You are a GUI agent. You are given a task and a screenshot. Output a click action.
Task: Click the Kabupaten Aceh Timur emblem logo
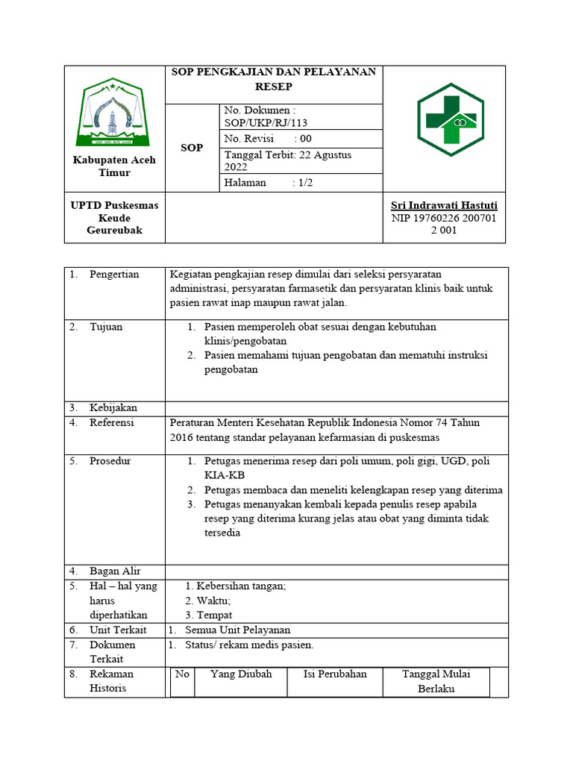114,114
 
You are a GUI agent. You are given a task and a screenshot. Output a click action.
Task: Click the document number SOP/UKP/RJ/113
266,123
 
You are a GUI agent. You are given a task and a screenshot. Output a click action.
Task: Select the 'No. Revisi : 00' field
268,139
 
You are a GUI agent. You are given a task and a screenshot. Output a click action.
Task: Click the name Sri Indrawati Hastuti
444,205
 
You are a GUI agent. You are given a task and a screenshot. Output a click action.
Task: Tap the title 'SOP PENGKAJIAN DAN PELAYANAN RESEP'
274,78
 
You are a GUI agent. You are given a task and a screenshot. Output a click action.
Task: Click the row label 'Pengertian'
114,275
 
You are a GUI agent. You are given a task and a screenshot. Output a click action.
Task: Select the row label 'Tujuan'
106,327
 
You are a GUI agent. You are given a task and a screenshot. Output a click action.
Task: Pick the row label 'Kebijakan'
113,408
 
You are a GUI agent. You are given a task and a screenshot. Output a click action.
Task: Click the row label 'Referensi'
112,423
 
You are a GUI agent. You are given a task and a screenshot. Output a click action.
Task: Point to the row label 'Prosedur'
110,461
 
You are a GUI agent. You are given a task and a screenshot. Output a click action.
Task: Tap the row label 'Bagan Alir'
115,572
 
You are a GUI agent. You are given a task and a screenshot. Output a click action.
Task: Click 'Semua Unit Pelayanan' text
237,630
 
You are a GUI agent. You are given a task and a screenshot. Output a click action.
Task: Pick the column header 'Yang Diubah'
241,674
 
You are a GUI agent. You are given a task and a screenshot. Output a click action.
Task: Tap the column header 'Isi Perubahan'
335,674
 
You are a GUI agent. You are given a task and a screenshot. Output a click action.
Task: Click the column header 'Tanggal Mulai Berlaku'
436,681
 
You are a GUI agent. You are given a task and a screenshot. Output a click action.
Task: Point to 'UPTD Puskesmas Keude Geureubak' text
114,218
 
